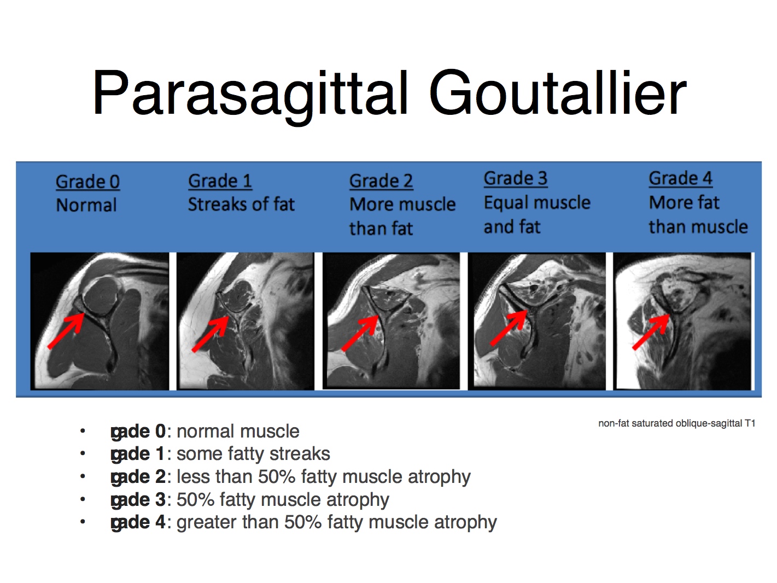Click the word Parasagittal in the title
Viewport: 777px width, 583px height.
click(x=250, y=95)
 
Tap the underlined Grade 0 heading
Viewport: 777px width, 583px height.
click(x=87, y=182)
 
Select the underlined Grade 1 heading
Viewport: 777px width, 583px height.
click(x=220, y=181)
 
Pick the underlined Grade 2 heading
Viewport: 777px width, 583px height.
click(x=381, y=182)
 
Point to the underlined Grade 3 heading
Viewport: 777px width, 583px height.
click(x=516, y=178)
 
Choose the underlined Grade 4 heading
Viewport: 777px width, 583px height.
click(x=680, y=178)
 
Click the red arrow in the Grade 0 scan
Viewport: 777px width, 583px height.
click(x=66, y=331)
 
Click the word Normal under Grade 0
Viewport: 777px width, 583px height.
click(x=86, y=205)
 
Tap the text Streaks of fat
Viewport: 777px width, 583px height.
click(x=241, y=204)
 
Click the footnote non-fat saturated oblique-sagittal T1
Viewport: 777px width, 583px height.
click(x=677, y=423)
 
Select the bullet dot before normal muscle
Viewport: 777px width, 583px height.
click(x=83, y=431)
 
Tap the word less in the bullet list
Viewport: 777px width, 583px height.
click(x=194, y=477)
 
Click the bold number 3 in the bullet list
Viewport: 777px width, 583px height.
click(x=160, y=500)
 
